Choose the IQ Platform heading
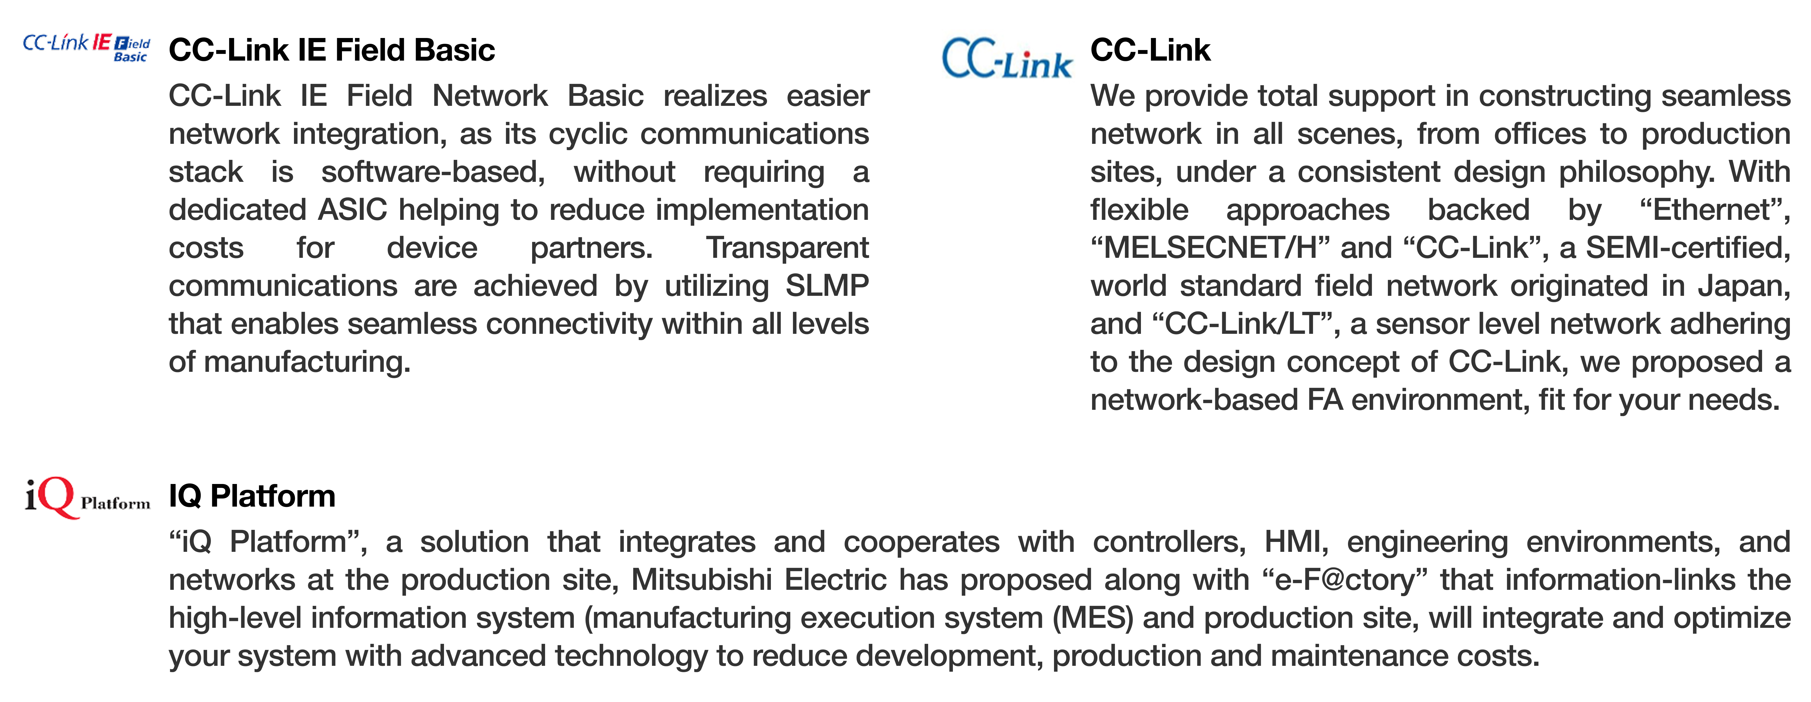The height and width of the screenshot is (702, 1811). pyautogui.click(x=252, y=496)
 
